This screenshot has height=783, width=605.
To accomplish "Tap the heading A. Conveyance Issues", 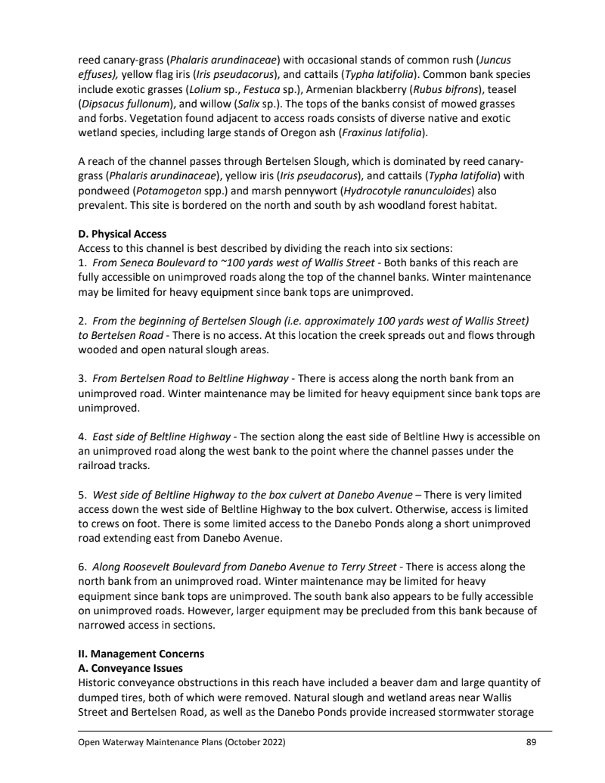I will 126,667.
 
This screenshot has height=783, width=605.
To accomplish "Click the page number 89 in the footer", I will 531,743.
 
